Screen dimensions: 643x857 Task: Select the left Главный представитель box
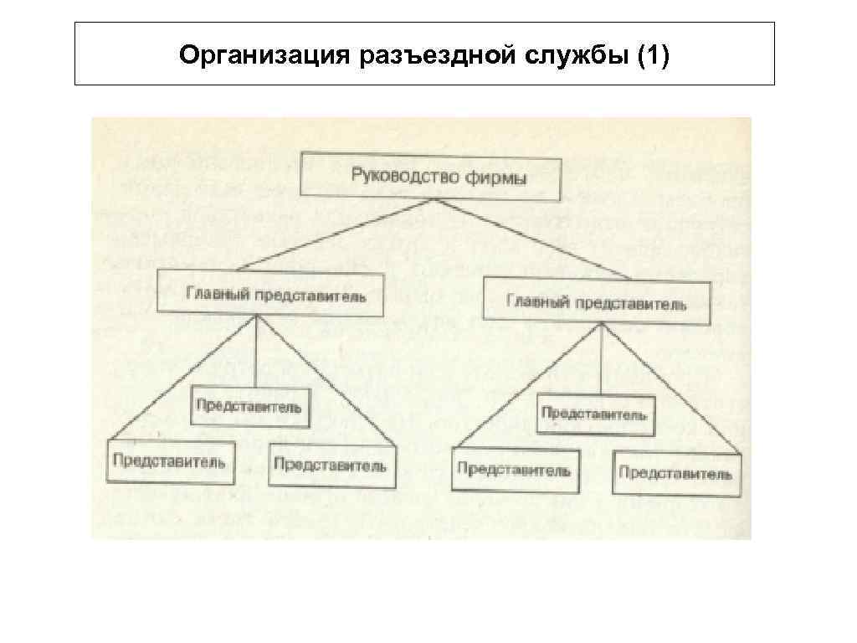[x=269, y=292]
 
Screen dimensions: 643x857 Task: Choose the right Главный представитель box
[x=596, y=302]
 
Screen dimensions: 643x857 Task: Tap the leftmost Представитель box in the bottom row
[x=170, y=460]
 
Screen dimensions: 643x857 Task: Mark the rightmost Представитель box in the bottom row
[x=675, y=473]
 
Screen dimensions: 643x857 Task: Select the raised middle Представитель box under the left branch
[x=251, y=407]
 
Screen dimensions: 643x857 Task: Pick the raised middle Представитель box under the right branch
[x=595, y=414]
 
